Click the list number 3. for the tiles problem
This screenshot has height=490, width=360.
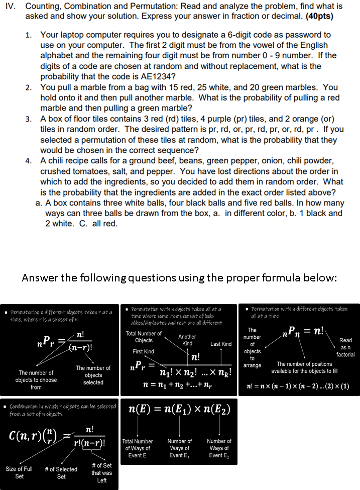pos(29,119)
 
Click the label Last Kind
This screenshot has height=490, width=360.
pos(221,344)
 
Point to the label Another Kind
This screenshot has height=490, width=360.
pos(187,340)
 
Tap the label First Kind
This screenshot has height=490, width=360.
pos(143,351)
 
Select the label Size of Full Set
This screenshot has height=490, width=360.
pos(19,472)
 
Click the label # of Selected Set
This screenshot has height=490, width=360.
pos(61,472)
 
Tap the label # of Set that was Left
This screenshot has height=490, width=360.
pos(101,473)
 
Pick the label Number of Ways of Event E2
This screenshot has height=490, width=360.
pos(219,448)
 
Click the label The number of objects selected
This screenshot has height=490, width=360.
pos(93,375)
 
